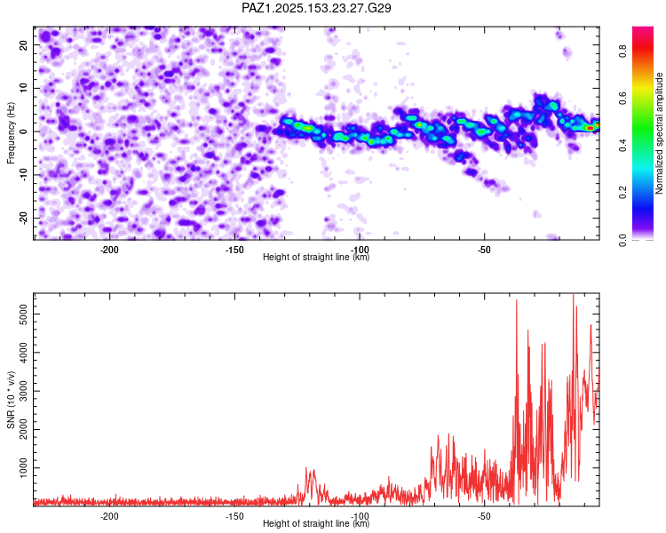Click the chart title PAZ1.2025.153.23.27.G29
(316, 8)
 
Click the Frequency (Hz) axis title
(11, 132)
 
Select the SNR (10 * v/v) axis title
(11, 400)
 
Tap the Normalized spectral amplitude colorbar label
(659, 132)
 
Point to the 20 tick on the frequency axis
(23, 44)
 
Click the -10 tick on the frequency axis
(23, 174)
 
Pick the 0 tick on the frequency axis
(23, 131)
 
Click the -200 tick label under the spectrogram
(109, 250)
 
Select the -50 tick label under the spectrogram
(484, 250)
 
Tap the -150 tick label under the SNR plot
(234, 516)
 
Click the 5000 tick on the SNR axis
(23, 314)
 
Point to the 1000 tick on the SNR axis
(23, 468)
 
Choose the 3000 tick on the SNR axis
(23, 391)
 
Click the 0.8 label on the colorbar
(622, 52)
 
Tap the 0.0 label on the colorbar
(622, 239)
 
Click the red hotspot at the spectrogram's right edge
(590, 128)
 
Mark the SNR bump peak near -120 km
(306, 468)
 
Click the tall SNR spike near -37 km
(517, 300)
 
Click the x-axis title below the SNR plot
(316, 523)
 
